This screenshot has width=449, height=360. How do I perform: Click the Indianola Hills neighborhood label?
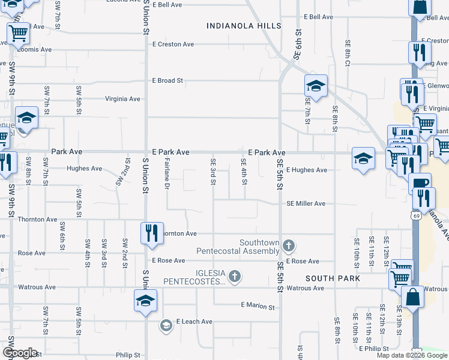coord(244,26)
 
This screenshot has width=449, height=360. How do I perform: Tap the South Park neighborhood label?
coord(333,279)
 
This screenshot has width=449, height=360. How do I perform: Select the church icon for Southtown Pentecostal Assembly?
coord(289,245)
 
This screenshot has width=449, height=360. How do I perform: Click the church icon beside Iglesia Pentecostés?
coord(235,277)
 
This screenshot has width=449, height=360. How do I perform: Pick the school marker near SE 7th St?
coord(315,86)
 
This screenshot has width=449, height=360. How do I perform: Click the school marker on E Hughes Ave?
coord(363,158)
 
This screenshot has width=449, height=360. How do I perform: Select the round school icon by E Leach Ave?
coord(166,326)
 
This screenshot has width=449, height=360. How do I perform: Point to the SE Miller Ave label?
coord(306,204)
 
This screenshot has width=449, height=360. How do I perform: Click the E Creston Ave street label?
coord(173,44)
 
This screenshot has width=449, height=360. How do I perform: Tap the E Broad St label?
coord(167,80)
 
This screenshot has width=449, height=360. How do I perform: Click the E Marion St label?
coord(257,307)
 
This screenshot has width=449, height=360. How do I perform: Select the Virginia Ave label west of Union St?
coord(122,99)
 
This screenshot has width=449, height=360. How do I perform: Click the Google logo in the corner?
coord(20,353)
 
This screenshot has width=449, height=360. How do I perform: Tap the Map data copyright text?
coord(411,355)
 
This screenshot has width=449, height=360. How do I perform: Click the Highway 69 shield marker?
coord(415,214)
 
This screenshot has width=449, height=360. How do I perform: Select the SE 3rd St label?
coord(213,172)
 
